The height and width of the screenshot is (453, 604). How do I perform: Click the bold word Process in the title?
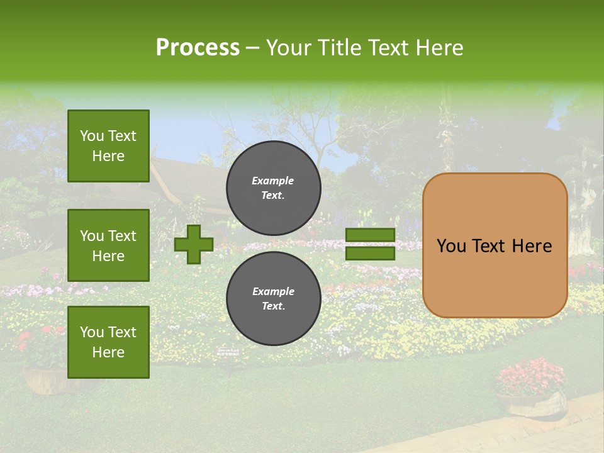198,48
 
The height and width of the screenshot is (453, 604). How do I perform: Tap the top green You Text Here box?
108,146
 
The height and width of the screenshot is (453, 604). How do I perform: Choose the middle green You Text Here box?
108,245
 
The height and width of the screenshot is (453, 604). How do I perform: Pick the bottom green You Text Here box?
108,342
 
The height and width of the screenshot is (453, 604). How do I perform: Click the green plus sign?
194,244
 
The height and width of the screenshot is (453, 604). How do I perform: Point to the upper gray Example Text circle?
273,187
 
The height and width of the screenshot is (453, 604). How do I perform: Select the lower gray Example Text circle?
273,298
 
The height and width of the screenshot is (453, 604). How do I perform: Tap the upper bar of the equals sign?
370,235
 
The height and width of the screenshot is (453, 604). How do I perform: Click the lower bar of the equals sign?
370,253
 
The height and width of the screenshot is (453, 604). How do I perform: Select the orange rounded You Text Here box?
495,245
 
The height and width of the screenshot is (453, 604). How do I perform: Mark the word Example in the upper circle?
273,181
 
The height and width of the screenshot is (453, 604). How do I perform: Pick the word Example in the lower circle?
273,291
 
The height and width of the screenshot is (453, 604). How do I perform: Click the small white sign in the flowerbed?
227,350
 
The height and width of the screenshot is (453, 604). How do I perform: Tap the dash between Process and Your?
252,48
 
